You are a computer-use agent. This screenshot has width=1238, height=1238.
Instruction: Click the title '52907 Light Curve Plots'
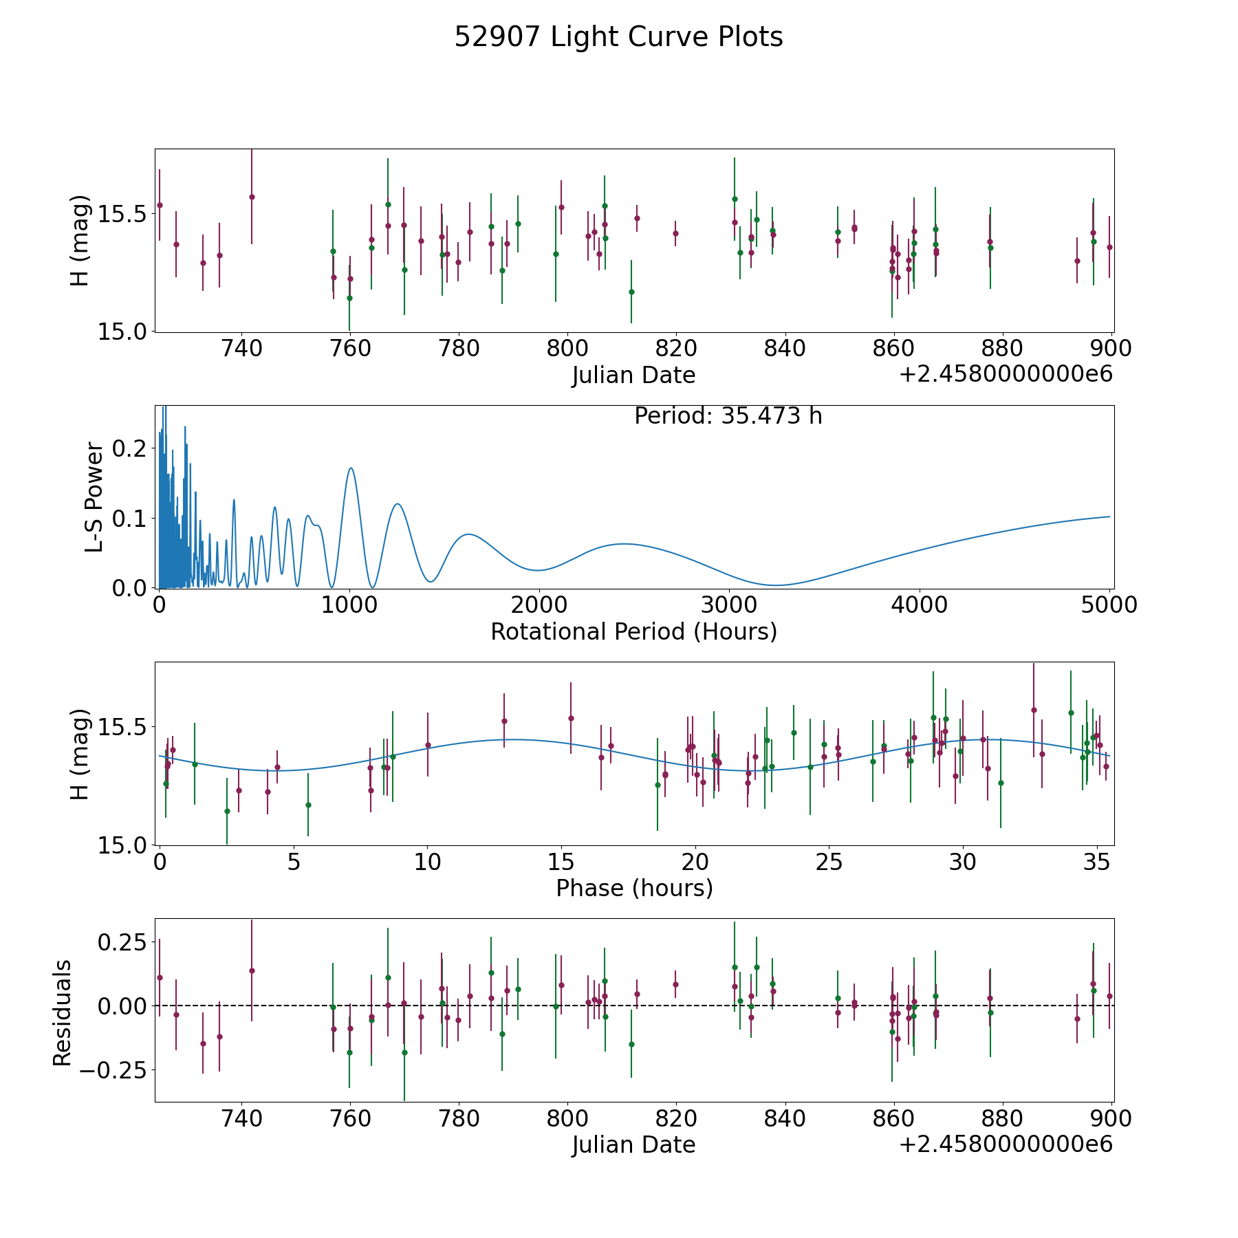[x=618, y=37]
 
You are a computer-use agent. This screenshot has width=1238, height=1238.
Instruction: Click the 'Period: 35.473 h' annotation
[x=728, y=416]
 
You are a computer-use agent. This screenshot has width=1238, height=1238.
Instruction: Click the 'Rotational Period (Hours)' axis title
[x=633, y=631]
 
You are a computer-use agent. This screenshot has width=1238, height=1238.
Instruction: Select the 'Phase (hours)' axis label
[x=633, y=888]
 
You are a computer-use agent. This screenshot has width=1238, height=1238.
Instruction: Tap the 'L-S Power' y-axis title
[x=94, y=497]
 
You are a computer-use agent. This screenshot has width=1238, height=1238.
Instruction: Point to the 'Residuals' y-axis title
[x=62, y=1012]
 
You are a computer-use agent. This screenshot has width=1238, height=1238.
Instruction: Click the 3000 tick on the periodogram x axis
[x=729, y=605]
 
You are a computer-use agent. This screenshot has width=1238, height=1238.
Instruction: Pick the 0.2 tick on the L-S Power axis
[x=131, y=448]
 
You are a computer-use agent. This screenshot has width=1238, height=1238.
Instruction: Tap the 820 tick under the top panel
[x=676, y=349]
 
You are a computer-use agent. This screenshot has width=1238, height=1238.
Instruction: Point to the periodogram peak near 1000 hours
[x=351, y=468]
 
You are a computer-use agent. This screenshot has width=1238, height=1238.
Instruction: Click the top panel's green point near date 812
[x=631, y=292]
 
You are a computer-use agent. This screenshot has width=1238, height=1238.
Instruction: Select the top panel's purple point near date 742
[x=252, y=197]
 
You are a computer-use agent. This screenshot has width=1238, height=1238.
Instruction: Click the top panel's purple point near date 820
[x=675, y=233]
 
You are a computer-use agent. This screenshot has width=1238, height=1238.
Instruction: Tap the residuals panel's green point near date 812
[x=631, y=1044]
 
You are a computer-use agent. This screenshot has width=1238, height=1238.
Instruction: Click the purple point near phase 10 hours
[x=428, y=745]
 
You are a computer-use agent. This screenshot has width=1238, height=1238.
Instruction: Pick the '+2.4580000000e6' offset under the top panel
[x=1006, y=375]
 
